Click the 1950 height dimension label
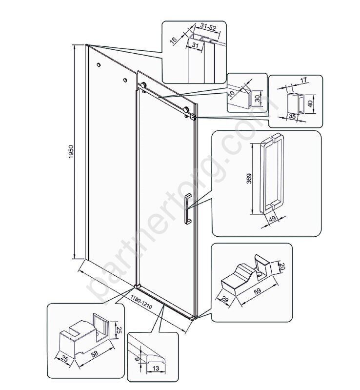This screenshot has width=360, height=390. coord(71,152)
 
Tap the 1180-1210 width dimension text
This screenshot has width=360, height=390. coord(141,302)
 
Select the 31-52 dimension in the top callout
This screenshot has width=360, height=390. coord(208,27)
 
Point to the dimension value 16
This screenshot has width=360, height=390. coord(174,40)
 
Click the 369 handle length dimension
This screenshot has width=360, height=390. coord(249,178)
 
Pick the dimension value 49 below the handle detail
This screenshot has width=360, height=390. coord(273,218)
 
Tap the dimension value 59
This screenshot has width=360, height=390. coord(258,290)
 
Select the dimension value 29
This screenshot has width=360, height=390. coord(224,299)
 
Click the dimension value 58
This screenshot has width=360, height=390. coord(95,354)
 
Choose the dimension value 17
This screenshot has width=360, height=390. coord(303,81)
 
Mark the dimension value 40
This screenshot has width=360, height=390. coord(310,103)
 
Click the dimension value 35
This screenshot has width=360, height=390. coord(292,116)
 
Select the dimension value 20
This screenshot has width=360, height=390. coord(281,267)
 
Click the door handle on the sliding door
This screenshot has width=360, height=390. coord(187,209)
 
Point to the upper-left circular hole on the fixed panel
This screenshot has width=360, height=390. coord(99,65)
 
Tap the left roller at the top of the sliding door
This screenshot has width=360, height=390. coord(143,85)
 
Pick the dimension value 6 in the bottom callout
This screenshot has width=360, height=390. coord(137,358)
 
